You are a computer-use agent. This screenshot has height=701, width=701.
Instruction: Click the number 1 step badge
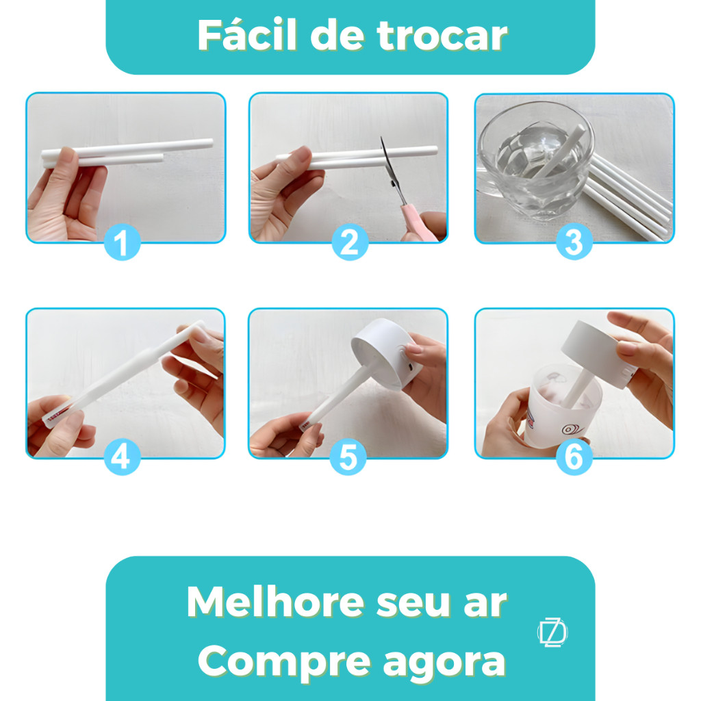122,242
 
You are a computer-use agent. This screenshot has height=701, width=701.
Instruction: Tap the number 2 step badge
350,242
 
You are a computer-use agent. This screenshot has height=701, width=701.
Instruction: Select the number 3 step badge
574,242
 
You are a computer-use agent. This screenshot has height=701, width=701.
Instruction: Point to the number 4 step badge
122,457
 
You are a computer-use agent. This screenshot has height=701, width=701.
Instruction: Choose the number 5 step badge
348,457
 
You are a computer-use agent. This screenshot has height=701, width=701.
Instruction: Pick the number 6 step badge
574,457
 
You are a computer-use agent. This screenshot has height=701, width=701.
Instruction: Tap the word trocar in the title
443,36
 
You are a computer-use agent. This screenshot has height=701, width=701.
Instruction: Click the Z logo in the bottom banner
552,632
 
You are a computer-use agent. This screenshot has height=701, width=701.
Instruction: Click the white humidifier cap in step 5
387,353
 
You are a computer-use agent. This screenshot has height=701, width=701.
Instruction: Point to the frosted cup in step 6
564,405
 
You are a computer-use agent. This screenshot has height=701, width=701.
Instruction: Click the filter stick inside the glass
559,151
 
